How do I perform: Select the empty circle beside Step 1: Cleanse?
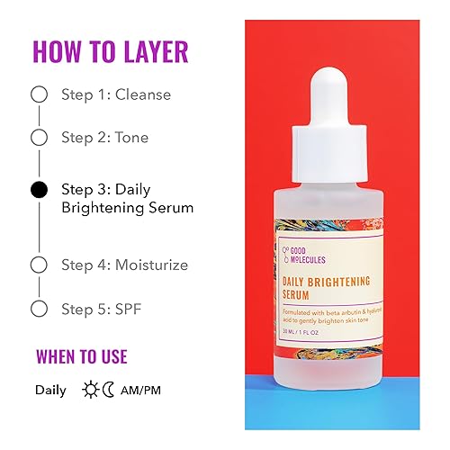click(x=39, y=94)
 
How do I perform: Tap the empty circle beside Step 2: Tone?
click(x=39, y=138)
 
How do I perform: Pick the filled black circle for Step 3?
click(x=39, y=190)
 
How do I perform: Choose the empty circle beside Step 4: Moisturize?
click(x=39, y=265)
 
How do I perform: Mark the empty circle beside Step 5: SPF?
click(x=39, y=309)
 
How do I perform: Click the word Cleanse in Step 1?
click(x=142, y=94)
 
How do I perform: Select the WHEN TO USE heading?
click(x=81, y=355)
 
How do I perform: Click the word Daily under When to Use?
click(x=50, y=391)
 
